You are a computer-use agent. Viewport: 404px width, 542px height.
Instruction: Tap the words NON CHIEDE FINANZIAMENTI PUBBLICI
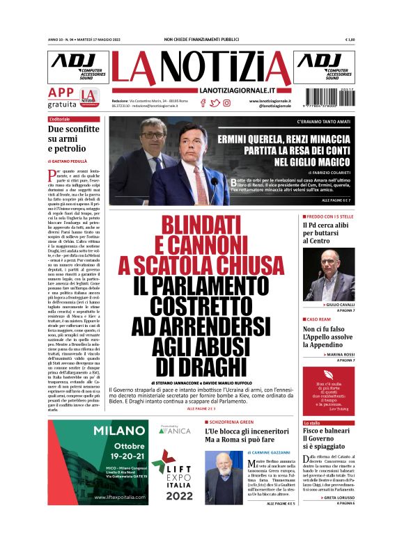(201, 40)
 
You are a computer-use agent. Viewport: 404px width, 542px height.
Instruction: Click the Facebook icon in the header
(203, 103)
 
